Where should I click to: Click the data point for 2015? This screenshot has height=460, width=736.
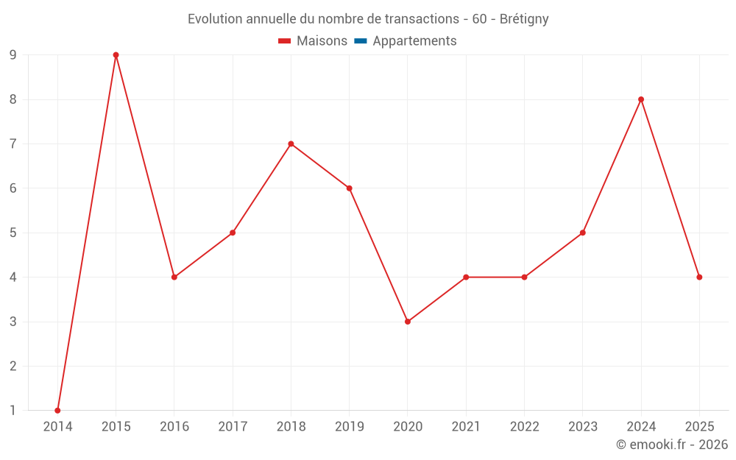pos(116,55)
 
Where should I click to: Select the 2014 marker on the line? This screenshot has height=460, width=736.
pos(57,410)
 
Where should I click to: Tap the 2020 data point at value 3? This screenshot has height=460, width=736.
pos(408,322)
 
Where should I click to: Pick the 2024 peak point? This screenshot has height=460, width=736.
pos(641,99)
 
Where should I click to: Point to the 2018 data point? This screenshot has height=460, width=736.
pos(291,144)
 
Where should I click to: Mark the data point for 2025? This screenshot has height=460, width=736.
pos(699,277)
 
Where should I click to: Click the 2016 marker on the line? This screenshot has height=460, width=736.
pos(174,277)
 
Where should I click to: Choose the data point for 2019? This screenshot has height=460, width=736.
pos(349,188)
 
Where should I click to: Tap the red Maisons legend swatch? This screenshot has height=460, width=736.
pos(285,41)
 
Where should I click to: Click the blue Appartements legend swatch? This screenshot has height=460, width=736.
pos(361,41)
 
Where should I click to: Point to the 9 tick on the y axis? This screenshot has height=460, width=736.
pos(13,55)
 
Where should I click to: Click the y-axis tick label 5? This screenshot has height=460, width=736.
pos(13,233)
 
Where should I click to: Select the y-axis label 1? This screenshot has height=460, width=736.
pos(13,410)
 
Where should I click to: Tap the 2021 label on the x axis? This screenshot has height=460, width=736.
pos(466,426)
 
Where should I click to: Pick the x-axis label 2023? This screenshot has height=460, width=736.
pos(582,426)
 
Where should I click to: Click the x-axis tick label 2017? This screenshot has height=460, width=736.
pos(233,426)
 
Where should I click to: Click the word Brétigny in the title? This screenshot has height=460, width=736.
pos(524,19)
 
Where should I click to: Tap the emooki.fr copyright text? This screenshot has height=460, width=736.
pos(672,445)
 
